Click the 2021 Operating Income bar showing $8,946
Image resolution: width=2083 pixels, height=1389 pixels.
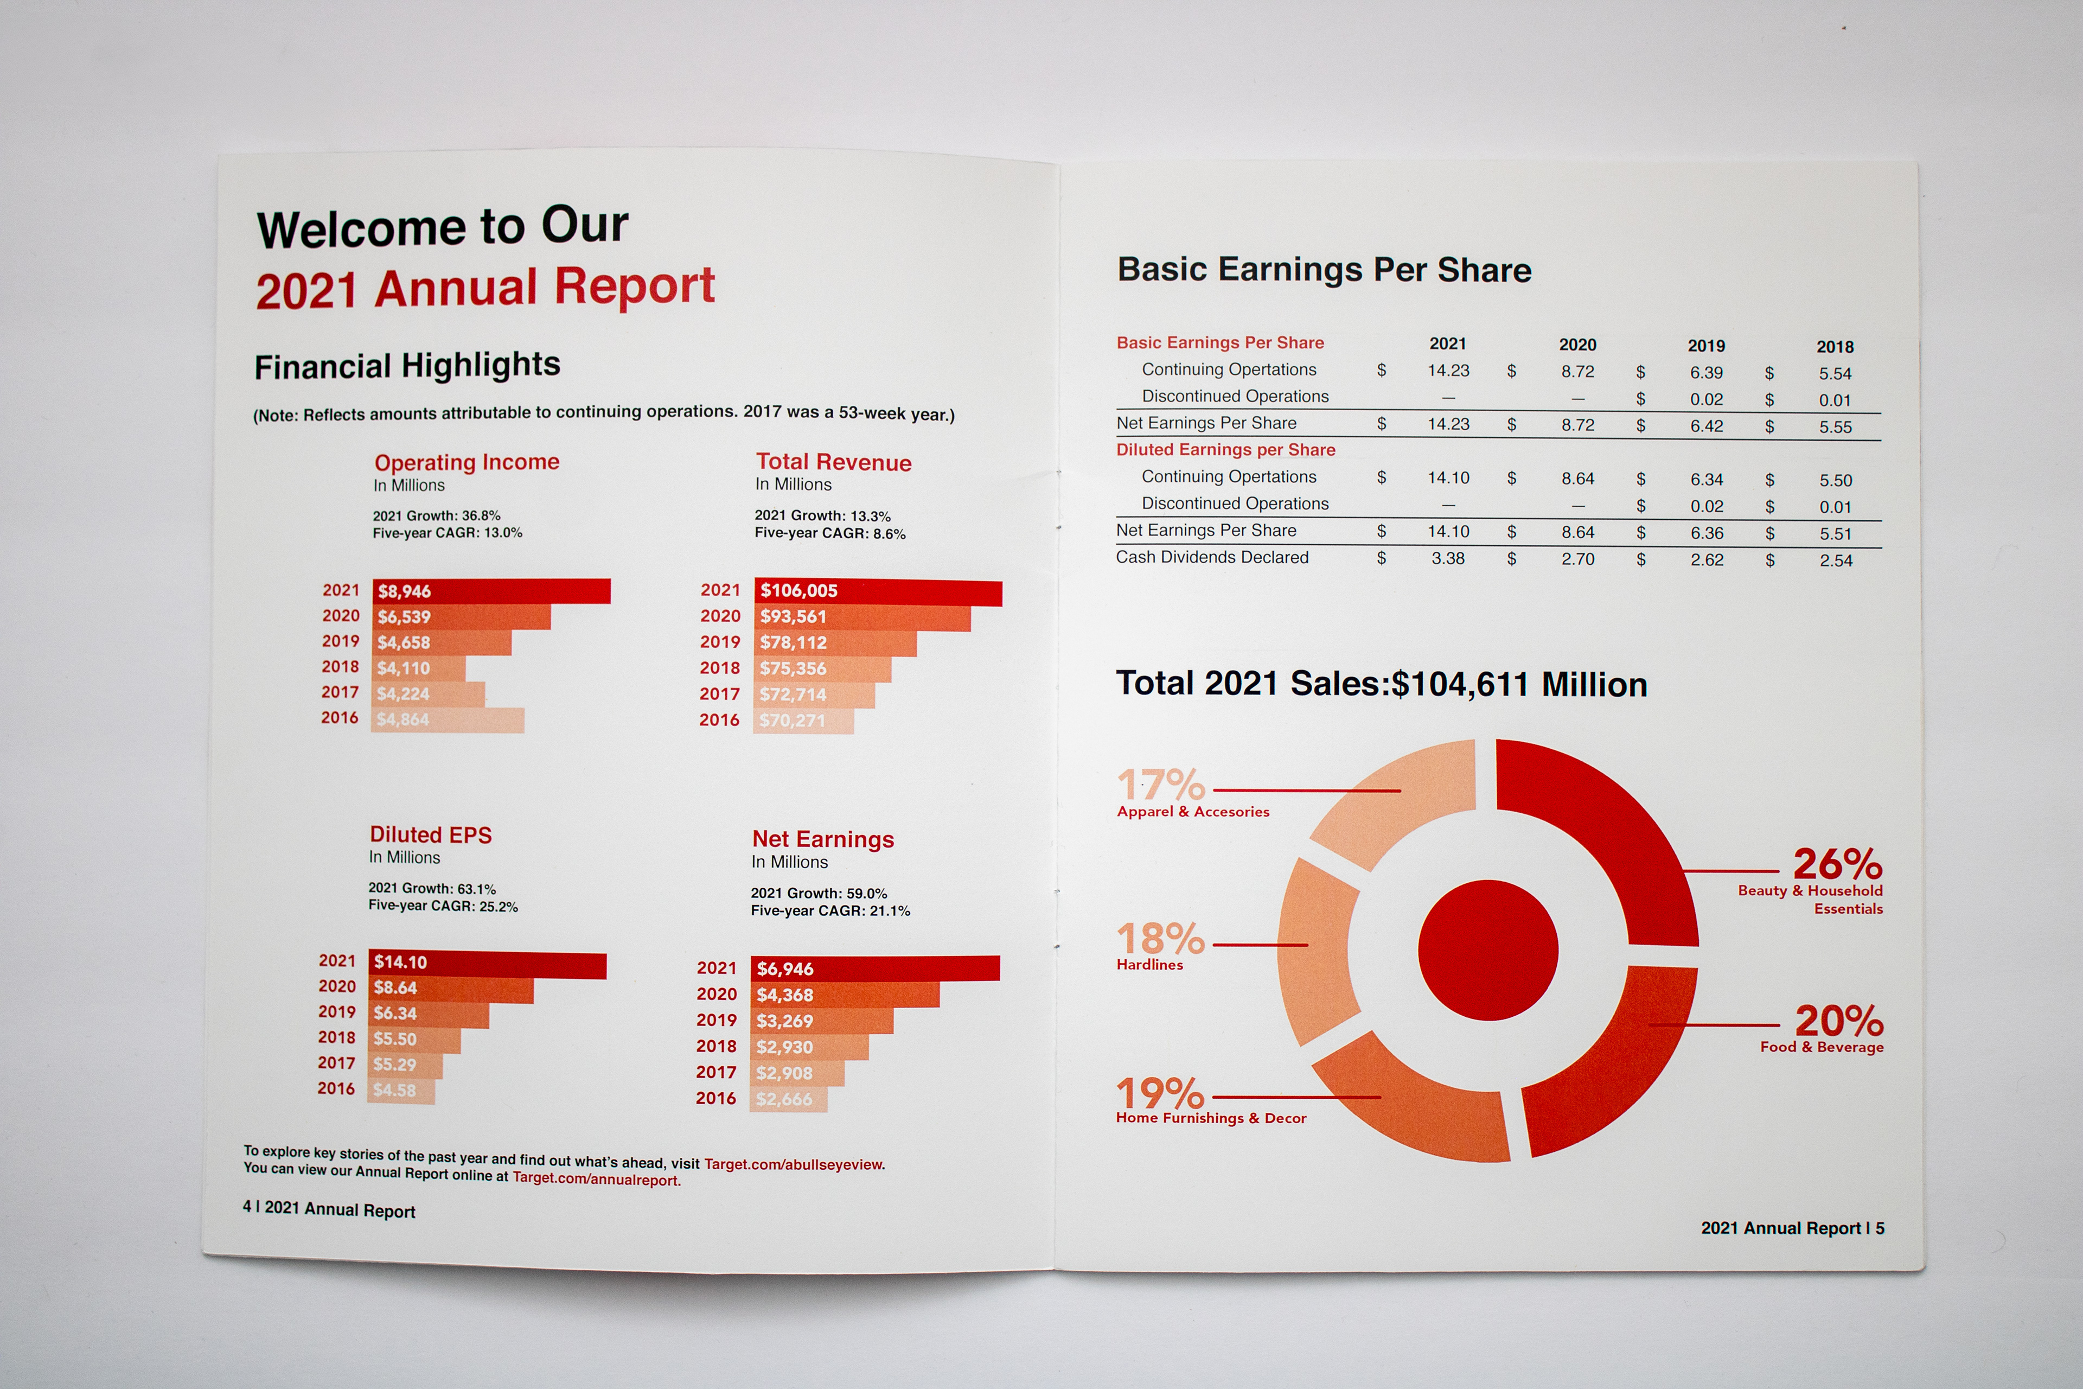point(491,591)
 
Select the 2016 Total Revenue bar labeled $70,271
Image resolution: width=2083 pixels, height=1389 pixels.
point(804,720)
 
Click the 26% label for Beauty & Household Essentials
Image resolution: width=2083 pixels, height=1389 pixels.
point(1838,864)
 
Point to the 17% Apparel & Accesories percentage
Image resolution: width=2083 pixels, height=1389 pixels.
point(1161,785)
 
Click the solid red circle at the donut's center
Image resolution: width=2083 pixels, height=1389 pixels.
point(1488,950)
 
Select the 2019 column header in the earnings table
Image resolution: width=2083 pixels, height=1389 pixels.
point(1705,346)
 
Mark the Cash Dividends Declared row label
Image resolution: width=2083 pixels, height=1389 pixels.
point(1211,557)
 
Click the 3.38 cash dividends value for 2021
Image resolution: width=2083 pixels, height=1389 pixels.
point(1448,558)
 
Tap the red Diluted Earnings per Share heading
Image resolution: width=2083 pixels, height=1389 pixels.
point(1225,450)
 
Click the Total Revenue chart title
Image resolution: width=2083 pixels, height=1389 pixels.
point(833,462)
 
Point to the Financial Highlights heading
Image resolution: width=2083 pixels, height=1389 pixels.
point(407,365)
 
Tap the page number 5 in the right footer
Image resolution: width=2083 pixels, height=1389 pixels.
point(1879,1228)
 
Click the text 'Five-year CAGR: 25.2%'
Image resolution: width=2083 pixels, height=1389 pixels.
point(443,906)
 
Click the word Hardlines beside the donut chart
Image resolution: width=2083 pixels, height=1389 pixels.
point(1149,965)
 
